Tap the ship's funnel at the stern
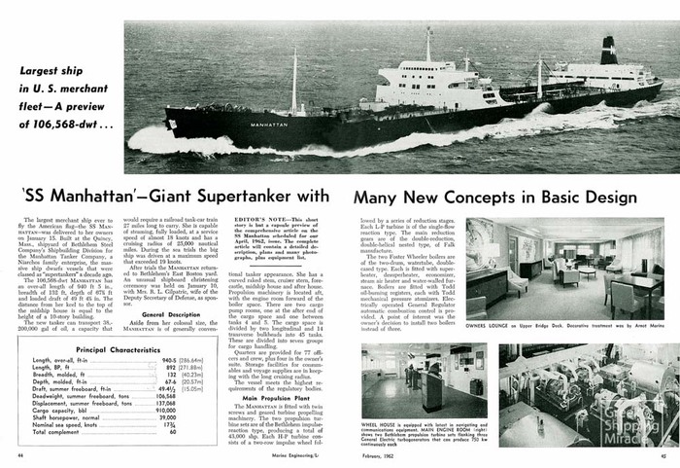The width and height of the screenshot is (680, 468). point(609,51)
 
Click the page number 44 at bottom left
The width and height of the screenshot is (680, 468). point(20,455)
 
